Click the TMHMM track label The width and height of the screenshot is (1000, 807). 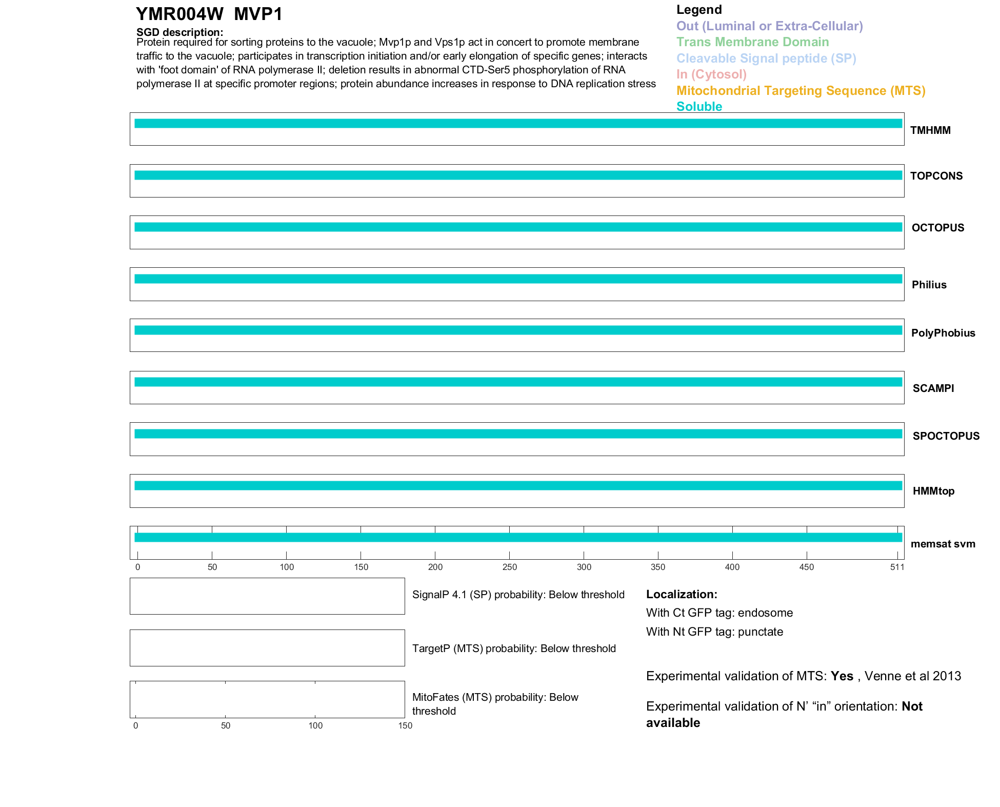(930, 130)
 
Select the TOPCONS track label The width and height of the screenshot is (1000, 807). (936, 176)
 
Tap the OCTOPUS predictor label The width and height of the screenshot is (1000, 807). (937, 228)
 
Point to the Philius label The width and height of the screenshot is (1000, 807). (929, 285)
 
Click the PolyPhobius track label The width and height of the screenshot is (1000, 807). (943, 333)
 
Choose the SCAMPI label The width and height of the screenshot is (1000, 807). (933, 388)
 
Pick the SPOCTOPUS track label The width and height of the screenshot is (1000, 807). (946, 436)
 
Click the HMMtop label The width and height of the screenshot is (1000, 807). (933, 491)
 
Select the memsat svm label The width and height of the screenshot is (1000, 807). (943, 544)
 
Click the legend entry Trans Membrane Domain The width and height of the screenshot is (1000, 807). (752, 42)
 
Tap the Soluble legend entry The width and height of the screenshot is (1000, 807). (699, 107)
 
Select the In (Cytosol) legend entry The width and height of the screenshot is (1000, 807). (711, 74)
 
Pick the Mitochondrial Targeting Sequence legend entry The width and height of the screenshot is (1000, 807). (801, 91)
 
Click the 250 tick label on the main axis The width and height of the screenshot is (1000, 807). (509, 567)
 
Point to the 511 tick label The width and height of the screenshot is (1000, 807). (897, 567)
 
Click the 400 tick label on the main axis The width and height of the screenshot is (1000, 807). (732, 567)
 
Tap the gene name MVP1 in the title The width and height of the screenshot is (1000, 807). (258, 14)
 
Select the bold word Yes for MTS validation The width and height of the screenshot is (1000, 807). (842, 676)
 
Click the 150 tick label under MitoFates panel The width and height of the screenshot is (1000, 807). (405, 725)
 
